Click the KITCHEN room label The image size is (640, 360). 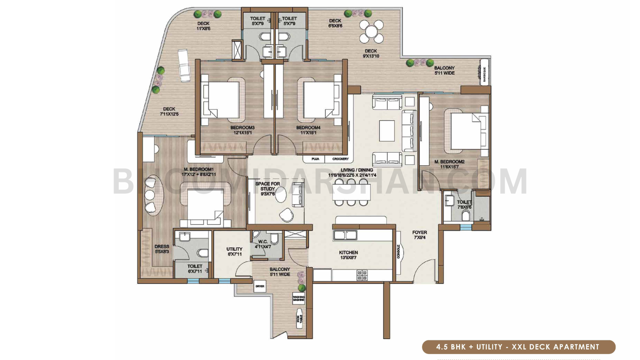tap(348, 255)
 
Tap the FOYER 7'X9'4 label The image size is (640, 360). tap(420, 235)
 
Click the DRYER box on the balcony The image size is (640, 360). tap(260, 286)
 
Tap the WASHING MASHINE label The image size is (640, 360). tap(299, 298)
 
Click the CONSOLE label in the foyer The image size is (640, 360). tap(399, 252)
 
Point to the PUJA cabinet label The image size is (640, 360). tap(315, 159)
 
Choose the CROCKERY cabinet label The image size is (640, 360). tap(340, 159)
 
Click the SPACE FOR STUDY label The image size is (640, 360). tap(268, 189)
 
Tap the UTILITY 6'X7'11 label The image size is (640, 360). tap(234, 251)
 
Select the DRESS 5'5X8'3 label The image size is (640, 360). tap(162, 249)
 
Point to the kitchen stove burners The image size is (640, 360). tap(362, 275)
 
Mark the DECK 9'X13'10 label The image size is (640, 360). tap(371, 53)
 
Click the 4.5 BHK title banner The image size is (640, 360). tap(518, 347)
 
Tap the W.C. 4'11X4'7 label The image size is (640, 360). tap(263, 244)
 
